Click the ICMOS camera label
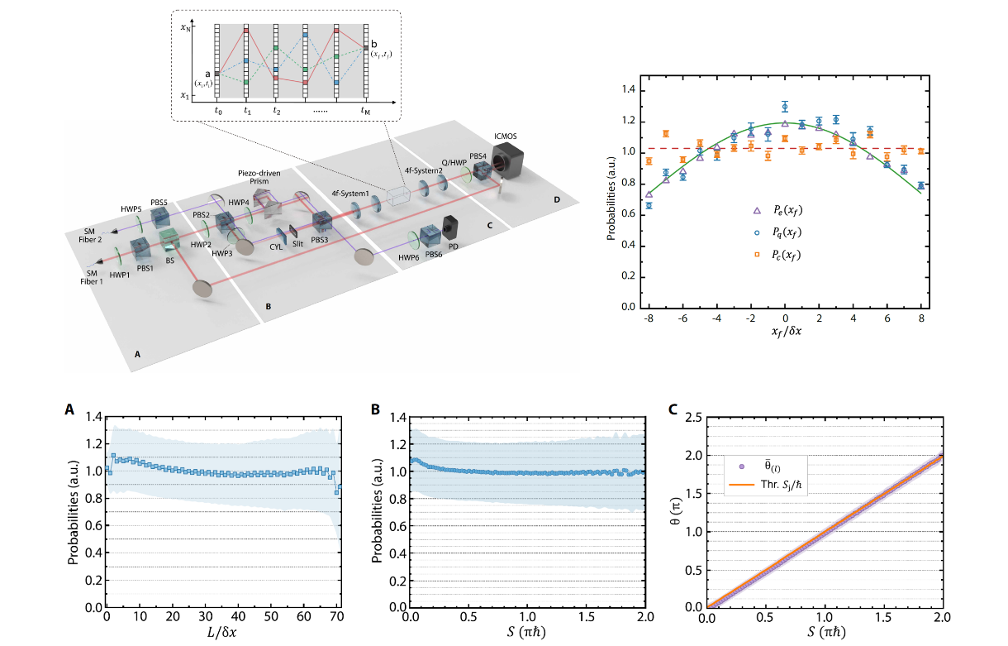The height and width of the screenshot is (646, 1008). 506,136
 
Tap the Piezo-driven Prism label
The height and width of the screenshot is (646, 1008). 259,177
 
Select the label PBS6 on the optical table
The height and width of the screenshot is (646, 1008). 434,254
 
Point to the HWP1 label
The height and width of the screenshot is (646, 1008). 119,275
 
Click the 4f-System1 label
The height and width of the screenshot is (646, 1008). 350,194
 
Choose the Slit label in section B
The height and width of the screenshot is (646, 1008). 297,244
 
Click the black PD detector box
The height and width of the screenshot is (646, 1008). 450,227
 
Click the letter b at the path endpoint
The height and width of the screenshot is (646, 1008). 374,44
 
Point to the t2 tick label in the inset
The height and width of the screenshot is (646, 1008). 277,111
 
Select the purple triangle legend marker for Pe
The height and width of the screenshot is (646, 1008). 757,210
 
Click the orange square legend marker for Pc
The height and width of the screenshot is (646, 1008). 757,255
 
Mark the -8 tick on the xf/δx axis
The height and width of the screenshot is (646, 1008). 649,318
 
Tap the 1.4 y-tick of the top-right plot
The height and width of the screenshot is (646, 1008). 629,89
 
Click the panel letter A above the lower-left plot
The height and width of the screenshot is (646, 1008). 69,409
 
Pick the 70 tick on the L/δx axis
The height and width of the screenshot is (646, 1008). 337,616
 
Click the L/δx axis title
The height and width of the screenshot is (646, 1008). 222,632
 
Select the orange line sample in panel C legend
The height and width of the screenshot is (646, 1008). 742,485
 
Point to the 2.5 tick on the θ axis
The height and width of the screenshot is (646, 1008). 693,418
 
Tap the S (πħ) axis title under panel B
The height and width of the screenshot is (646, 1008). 526,632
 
